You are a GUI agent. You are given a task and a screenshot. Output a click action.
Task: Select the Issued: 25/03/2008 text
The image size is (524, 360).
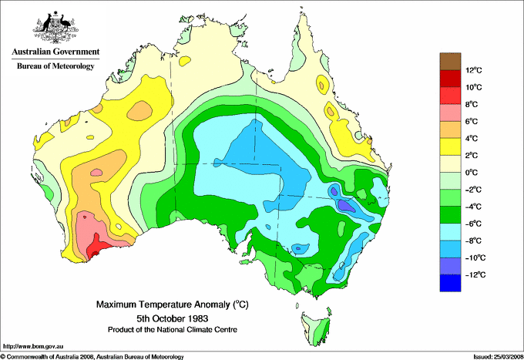(x=497, y=356)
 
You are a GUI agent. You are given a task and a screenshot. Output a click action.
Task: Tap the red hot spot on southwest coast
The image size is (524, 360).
(x=95, y=249)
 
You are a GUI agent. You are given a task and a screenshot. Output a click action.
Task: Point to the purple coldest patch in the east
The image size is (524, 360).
(x=345, y=205)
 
